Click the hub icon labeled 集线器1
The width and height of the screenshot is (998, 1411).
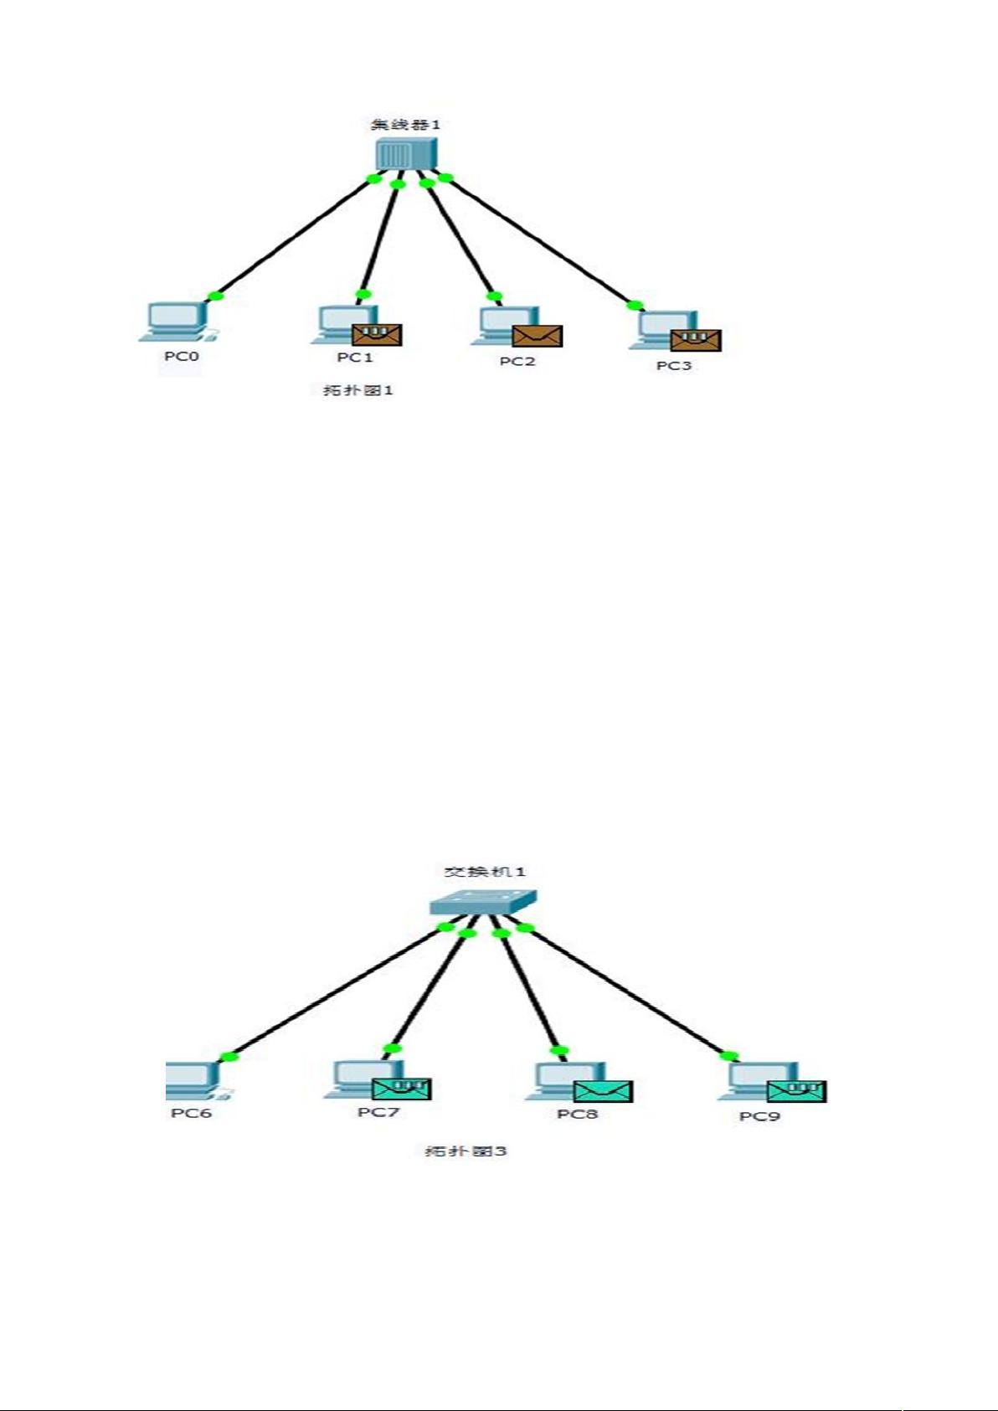click(x=406, y=154)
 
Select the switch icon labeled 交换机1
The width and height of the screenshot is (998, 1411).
click(x=483, y=903)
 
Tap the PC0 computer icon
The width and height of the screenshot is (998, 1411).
click(x=177, y=322)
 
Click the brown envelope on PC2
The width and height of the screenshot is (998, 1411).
click(x=538, y=336)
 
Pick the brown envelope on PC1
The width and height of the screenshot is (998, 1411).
click(x=377, y=334)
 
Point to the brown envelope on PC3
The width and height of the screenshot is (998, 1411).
click(x=696, y=339)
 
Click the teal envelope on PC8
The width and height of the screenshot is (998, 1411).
click(x=603, y=1091)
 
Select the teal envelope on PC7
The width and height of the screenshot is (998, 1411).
click(x=401, y=1089)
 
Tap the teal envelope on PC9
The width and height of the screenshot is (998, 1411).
click(x=796, y=1091)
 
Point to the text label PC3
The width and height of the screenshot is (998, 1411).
click(x=674, y=366)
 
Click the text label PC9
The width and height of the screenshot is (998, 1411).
click(x=759, y=1116)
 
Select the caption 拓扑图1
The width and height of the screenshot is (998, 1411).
click(x=358, y=390)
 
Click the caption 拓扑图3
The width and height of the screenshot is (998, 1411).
click(x=466, y=1151)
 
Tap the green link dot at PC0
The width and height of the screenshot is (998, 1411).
click(x=215, y=295)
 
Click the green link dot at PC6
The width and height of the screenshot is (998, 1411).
click(x=228, y=1057)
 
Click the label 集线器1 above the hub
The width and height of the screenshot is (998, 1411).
click(x=405, y=125)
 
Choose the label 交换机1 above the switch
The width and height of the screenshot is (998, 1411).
click(x=484, y=872)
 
